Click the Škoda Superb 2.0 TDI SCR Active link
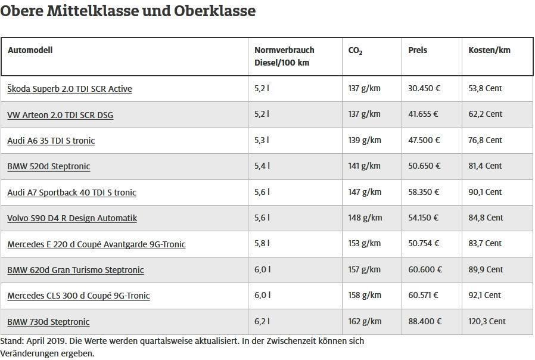tap(69, 89)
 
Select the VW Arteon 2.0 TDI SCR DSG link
tap(60, 115)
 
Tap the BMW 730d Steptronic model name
tap(48, 322)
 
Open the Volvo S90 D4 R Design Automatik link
tap(71, 218)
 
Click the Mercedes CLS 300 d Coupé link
tap(78, 296)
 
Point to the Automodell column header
tap(30, 50)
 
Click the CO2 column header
tap(355, 51)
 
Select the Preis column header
tap(418, 50)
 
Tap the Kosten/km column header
tap(489, 50)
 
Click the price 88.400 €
tap(425, 321)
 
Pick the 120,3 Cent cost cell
tap(487, 321)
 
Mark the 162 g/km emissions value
tap(364, 321)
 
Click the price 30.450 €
tap(424, 88)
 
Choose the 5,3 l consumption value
tap(262, 140)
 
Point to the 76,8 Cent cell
tap(485, 140)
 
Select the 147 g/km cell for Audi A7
tap(364, 192)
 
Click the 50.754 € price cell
tap(424, 243)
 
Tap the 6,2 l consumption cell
tap(262, 321)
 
